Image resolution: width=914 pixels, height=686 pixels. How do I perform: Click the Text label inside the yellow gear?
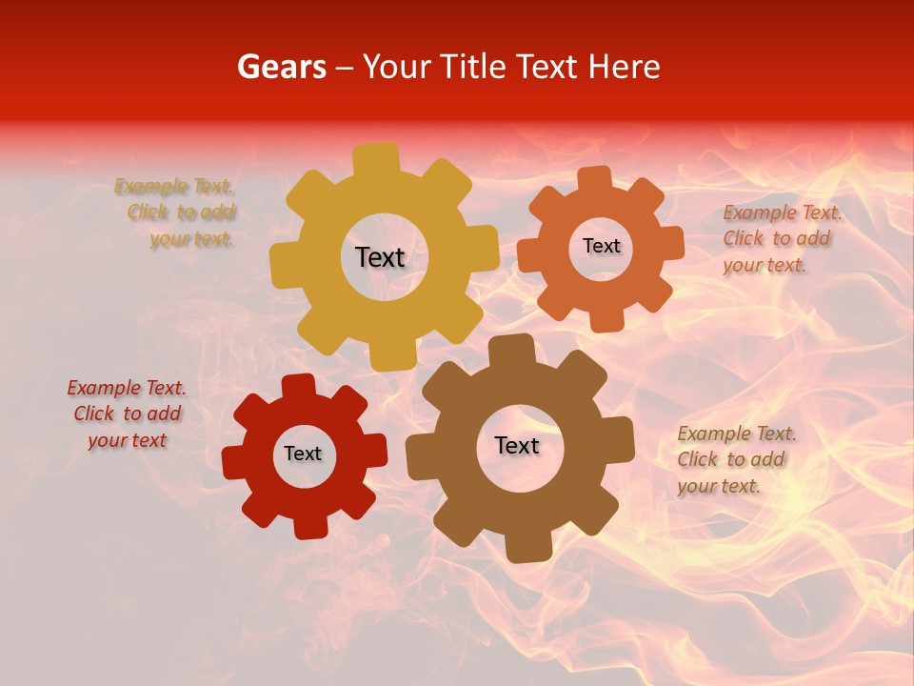point(380,257)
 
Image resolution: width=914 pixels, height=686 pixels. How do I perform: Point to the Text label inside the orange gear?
point(601,246)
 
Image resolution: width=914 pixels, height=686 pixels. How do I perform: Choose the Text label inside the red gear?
point(303,454)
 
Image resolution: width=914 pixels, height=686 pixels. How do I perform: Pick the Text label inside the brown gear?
point(517,445)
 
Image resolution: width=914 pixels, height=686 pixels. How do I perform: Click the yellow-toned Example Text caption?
point(175,212)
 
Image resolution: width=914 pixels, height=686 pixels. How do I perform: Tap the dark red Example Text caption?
point(127,414)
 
